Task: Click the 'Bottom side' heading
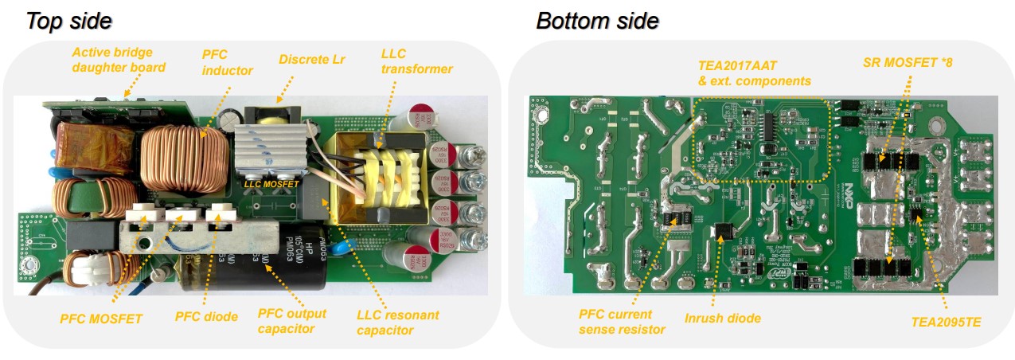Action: [597, 21]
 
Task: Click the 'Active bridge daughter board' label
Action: [119, 60]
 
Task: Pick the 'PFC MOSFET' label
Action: [101, 319]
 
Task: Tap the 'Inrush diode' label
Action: [722, 319]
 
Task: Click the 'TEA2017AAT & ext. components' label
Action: [754, 74]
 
